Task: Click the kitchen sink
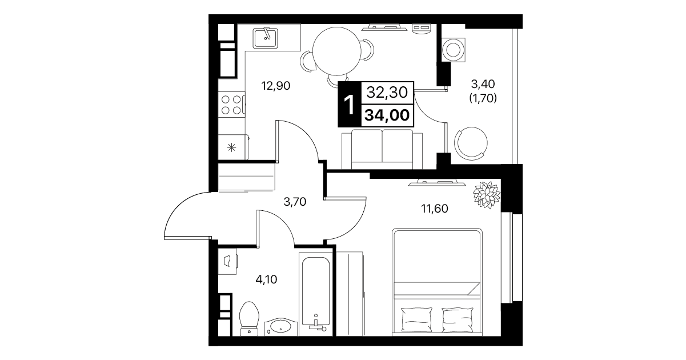click(265, 38)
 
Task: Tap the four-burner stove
click(231, 105)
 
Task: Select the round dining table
click(337, 51)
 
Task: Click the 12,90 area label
click(276, 86)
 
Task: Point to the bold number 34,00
click(387, 115)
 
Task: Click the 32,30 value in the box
click(387, 92)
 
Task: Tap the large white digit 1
click(349, 105)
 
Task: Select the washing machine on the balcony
click(454, 49)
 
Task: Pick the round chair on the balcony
click(471, 143)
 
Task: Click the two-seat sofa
click(382, 149)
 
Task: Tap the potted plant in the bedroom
click(487, 195)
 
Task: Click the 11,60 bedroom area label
click(435, 209)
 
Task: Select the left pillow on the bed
click(417, 319)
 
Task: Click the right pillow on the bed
click(458, 319)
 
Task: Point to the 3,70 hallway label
click(295, 202)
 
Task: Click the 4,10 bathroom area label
click(266, 279)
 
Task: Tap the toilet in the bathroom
click(249, 319)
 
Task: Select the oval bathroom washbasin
click(281, 327)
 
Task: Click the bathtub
click(316, 294)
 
